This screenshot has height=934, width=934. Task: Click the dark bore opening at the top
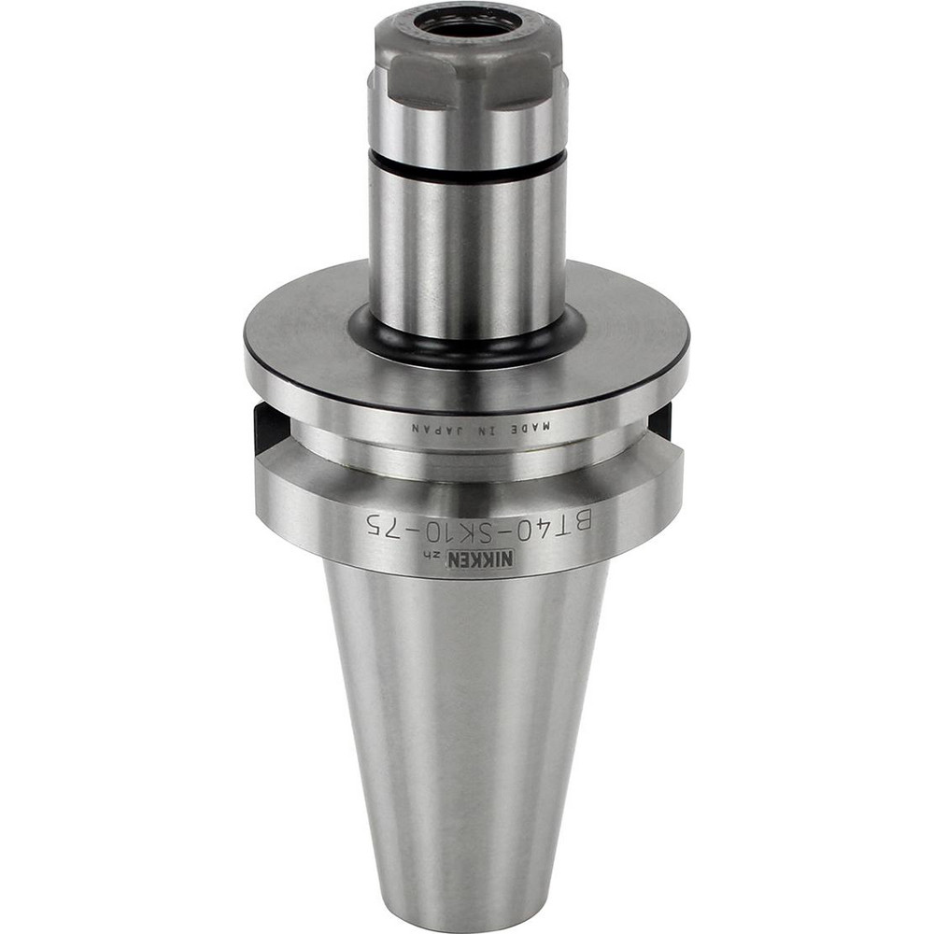467,23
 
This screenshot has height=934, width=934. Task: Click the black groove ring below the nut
467,169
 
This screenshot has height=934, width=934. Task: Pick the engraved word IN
488,430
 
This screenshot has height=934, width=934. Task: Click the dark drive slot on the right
661,420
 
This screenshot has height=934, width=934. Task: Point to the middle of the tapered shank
467,729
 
